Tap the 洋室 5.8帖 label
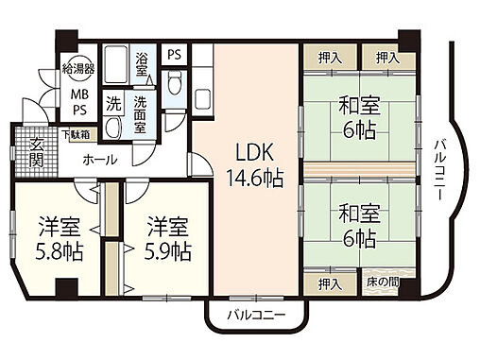pos(58,239)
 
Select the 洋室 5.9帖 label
pos(167,239)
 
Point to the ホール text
pos(100,160)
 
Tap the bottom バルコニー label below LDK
pos(256,315)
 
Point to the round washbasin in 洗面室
pos(112,128)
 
